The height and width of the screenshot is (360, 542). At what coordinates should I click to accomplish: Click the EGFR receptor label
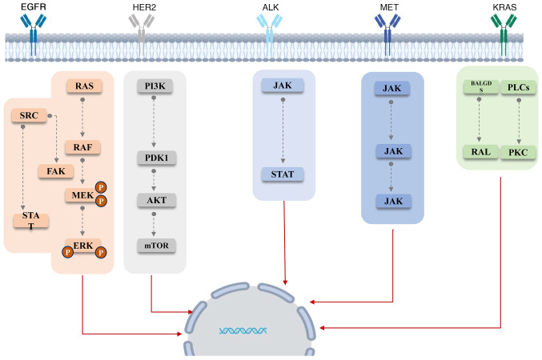point(32,6)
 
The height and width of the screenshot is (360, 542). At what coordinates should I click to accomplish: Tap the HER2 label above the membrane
point(143,6)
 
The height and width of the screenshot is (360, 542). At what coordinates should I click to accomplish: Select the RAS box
point(83,86)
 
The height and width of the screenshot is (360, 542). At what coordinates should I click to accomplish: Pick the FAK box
point(55,170)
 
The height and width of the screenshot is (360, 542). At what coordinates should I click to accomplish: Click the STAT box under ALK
point(285,174)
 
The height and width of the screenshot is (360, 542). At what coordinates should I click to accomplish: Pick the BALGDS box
point(480,90)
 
